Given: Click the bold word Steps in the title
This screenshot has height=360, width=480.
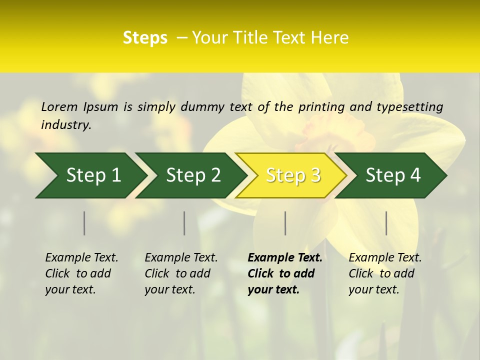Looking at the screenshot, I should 145,38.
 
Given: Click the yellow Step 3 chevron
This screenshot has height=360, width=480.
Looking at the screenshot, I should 292,175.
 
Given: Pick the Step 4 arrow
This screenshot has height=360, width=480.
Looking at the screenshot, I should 392,175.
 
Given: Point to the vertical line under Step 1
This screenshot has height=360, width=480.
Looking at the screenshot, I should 84,223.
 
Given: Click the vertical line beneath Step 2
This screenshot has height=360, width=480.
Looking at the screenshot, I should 184,223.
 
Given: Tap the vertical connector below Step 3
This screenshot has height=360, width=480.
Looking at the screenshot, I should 285,223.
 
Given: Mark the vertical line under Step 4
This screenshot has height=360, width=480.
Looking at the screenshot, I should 386,223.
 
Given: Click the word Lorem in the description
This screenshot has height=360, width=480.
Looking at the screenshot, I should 59,106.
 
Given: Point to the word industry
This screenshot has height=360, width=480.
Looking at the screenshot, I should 66,124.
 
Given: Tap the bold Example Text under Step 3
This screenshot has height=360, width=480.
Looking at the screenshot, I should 285,257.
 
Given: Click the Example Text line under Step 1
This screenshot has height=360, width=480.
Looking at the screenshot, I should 81,257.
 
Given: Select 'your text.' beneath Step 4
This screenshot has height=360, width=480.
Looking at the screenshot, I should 373,289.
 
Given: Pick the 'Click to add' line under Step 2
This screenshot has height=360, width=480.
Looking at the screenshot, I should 177,273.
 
